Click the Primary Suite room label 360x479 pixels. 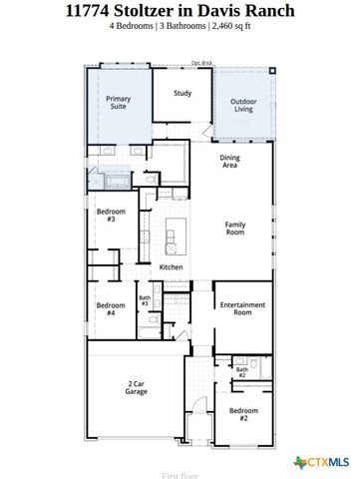point(119,103)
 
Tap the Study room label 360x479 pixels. point(181,94)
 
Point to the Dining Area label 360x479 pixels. point(230,163)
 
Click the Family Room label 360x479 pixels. point(235,229)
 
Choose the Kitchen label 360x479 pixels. point(171,267)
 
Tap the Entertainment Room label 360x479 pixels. point(242,308)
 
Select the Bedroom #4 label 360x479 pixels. point(110,308)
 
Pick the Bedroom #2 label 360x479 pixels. point(242,414)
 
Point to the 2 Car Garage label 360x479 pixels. point(138,387)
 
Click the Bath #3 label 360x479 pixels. point(145,300)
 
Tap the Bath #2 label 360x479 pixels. point(241,372)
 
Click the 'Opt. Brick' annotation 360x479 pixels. point(202,63)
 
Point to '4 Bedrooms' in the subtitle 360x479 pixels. point(133,27)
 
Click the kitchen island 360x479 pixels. point(171,237)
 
